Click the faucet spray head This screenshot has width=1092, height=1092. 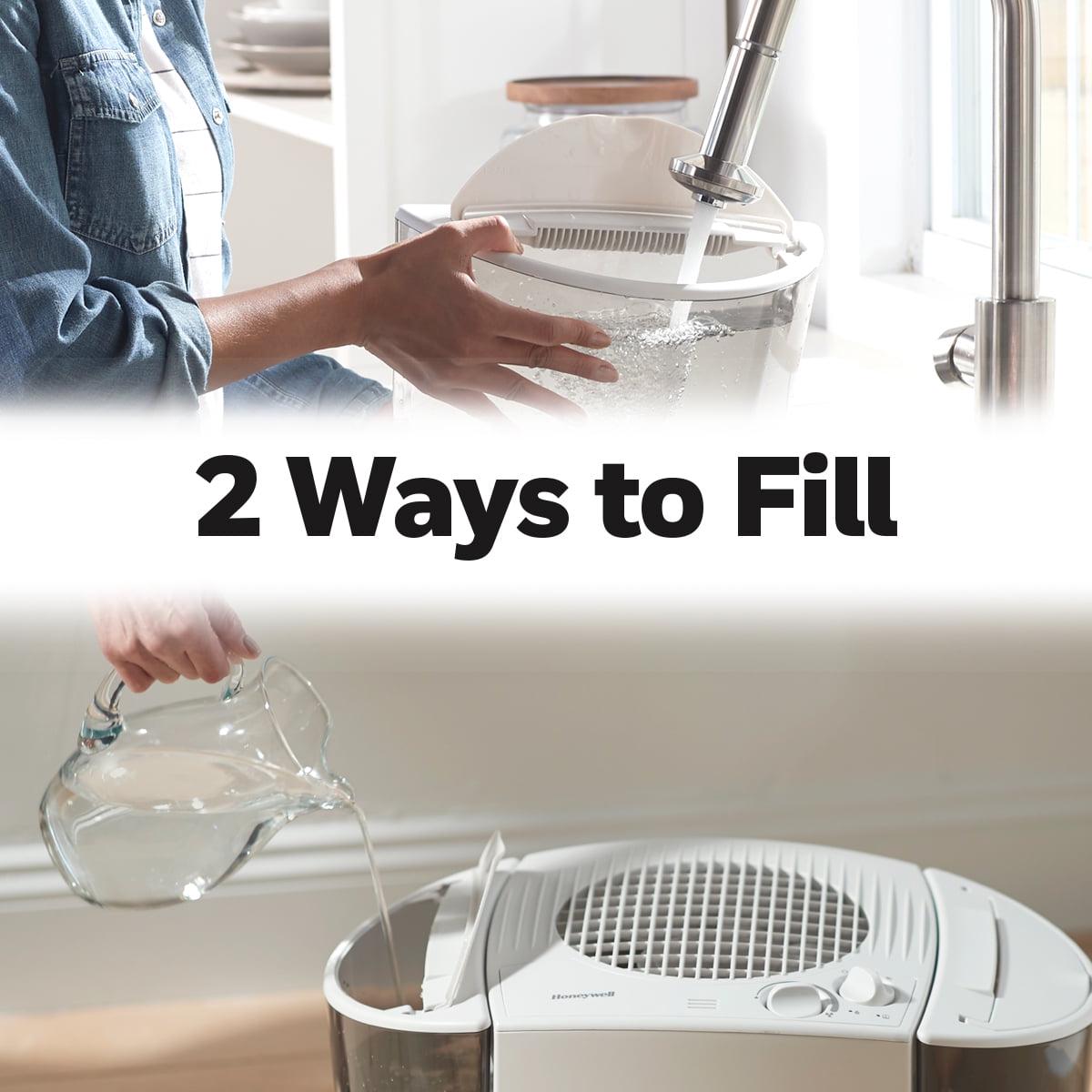coord(716,181)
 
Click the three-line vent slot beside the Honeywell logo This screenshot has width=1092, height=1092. coord(702,1003)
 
